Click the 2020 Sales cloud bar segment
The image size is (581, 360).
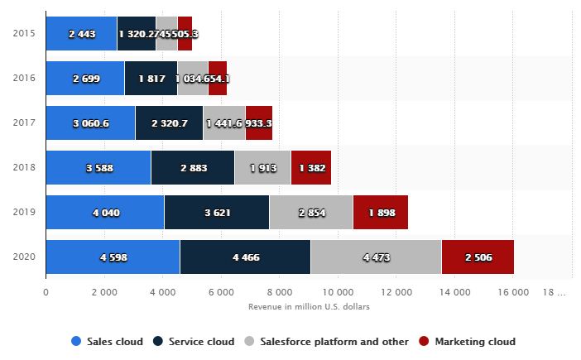[x=113, y=257]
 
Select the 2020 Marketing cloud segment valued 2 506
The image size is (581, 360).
[x=478, y=257]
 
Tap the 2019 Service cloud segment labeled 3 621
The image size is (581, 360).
[x=216, y=213]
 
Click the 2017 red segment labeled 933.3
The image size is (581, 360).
[x=259, y=122]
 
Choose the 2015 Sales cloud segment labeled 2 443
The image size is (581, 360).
[x=81, y=33]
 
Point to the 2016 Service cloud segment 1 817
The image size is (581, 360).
[x=151, y=78]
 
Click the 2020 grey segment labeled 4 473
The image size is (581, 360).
[x=376, y=257]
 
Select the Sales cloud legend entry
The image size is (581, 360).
[x=108, y=341]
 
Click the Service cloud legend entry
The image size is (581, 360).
[x=195, y=341]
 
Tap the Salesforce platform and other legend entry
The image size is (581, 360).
[x=327, y=341]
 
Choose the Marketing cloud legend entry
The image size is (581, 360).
[x=468, y=341]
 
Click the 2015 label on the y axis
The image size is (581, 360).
[x=24, y=33]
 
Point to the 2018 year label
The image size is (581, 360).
[x=24, y=168]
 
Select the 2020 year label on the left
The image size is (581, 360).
[x=24, y=257]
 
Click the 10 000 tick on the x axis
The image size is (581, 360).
[x=339, y=292]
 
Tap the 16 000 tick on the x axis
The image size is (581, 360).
[x=514, y=292]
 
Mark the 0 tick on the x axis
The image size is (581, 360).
[x=46, y=292]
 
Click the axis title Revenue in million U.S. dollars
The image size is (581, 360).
[x=309, y=306]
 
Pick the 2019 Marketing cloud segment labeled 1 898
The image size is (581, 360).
[x=380, y=213]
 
